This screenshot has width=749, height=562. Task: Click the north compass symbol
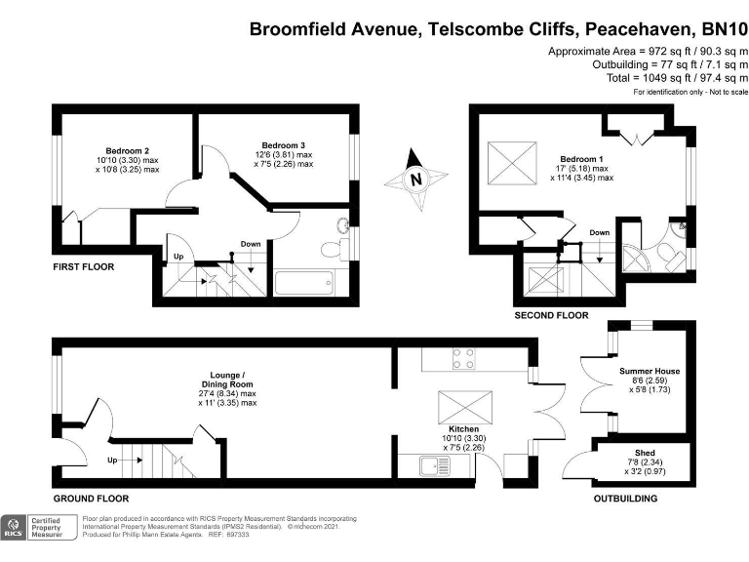416,181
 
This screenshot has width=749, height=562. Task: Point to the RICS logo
15,529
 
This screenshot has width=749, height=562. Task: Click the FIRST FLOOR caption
84,266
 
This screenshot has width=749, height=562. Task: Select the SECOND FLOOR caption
551,315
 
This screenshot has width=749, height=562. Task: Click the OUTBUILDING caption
625,498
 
